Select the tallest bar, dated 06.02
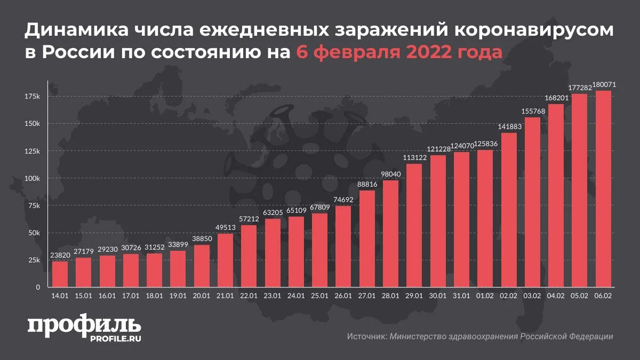pyautogui.click(x=603, y=189)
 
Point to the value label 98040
pyautogui.click(x=391, y=174)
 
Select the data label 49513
pyautogui.click(x=225, y=228)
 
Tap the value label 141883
pyautogui.click(x=508, y=126)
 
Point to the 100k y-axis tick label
pyautogui.click(x=32, y=178)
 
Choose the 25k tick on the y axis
pyautogui.click(x=34, y=260)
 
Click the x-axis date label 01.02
pyautogui.click(x=485, y=295)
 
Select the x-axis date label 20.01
pyautogui.click(x=202, y=295)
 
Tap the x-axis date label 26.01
pyautogui.click(x=343, y=295)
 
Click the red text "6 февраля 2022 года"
pyautogui.click(x=399, y=53)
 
